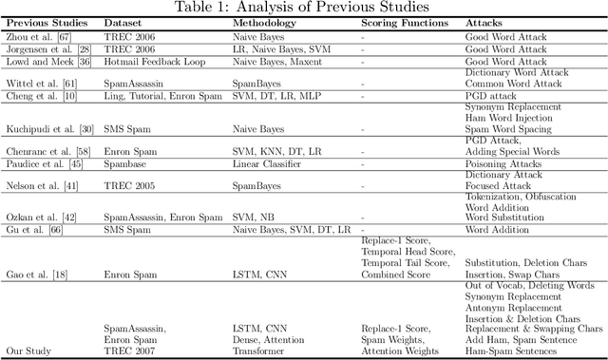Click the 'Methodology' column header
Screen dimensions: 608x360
pyautogui.click(x=268, y=23)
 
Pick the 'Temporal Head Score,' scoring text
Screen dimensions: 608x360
pyautogui.click(x=405, y=250)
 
